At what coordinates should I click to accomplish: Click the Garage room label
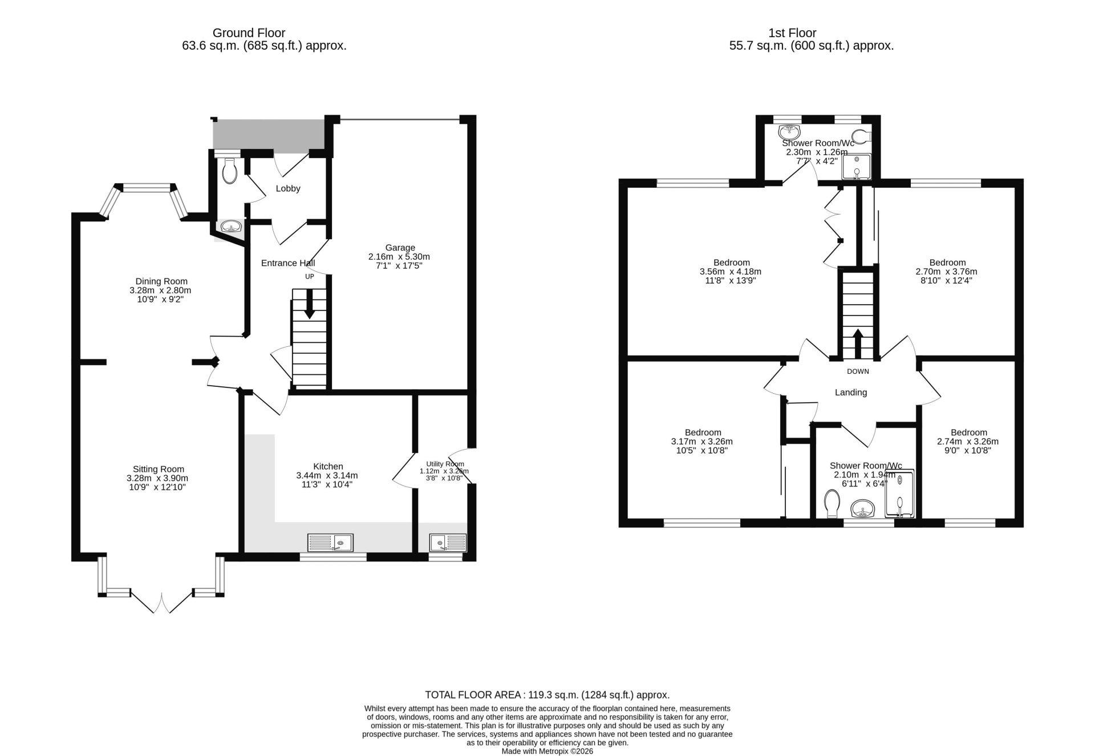coord(400,248)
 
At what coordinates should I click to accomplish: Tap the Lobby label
coord(288,188)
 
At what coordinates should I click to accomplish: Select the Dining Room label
coord(161,281)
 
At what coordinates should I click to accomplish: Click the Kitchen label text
coord(328,467)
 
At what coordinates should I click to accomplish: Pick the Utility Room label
coord(445,464)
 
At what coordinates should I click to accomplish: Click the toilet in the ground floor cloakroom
coord(229,170)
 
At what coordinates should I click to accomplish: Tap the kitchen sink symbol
coord(330,542)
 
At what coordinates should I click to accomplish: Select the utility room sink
coord(448,542)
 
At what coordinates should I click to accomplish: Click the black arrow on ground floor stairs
coord(310,304)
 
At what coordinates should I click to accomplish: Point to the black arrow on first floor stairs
coord(857,343)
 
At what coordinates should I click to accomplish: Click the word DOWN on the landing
coord(858,371)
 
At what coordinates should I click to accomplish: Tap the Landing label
coord(851,393)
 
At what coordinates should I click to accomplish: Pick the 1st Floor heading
coord(792,33)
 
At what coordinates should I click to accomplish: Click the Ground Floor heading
coord(249,33)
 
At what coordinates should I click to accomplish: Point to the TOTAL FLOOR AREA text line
coord(547,695)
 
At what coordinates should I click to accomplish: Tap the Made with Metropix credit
coord(547,751)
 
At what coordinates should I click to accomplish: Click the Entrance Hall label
coord(288,263)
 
